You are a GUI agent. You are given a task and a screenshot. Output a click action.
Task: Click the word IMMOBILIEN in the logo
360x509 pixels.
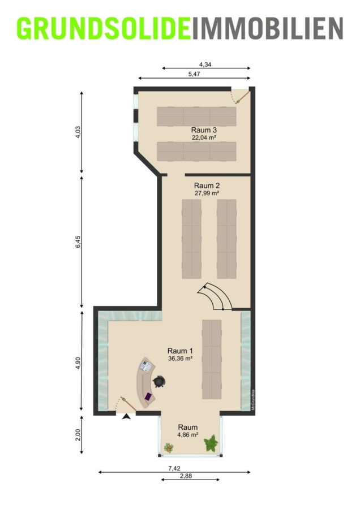(x=267, y=29)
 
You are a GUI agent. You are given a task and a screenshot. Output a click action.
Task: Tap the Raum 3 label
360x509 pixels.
(x=204, y=130)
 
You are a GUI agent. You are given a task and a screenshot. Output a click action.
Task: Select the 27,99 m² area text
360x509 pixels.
(x=206, y=193)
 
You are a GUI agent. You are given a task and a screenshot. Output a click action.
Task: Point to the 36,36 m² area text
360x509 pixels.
(x=181, y=359)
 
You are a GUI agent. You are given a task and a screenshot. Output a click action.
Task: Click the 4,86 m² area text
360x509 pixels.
(x=188, y=435)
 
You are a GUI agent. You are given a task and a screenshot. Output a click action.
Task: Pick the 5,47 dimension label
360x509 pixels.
(x=194, y=74)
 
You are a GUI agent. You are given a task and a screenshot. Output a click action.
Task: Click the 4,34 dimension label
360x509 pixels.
(x=205, y=64)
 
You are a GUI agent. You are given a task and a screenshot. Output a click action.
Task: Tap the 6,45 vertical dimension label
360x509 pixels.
(x=78, y=242)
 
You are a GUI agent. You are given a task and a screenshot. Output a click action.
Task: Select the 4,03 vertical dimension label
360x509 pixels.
(x=78, y=132)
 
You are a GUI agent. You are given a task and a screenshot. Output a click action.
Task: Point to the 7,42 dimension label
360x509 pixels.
(x=174, y=468)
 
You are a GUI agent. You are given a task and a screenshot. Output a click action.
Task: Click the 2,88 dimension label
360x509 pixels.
(x=186, y=476)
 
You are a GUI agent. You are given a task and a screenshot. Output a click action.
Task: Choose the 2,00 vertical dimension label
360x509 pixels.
(x=78, y=435)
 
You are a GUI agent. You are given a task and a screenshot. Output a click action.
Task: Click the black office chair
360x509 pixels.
(x=159, y=381)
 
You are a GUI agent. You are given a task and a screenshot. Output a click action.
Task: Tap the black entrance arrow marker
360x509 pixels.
(x=126, y=417)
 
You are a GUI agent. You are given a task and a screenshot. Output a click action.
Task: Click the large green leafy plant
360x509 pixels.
(x=211, y=443)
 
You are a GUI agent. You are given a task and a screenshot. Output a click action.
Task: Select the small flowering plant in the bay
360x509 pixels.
(x=168, y=448)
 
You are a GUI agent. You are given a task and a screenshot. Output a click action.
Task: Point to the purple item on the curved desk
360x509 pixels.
(x=148, y=396)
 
